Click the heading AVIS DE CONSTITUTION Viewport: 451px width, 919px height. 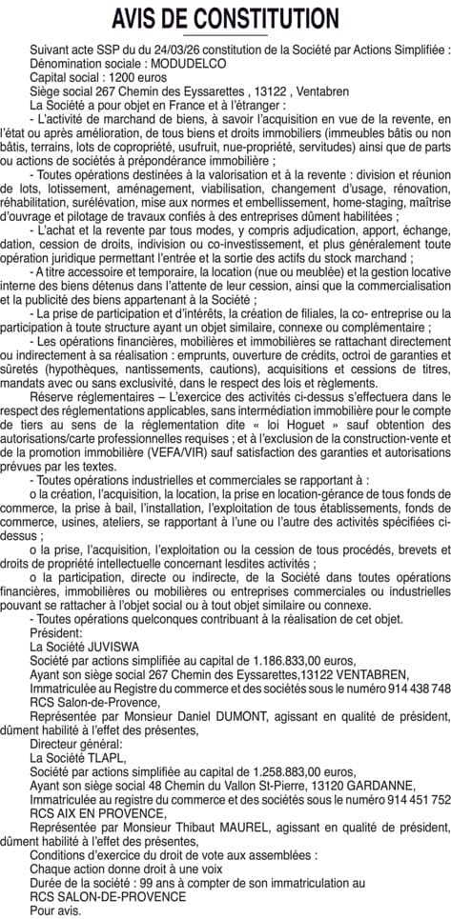(225, 18)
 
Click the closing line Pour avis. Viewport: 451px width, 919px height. (54, 909)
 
